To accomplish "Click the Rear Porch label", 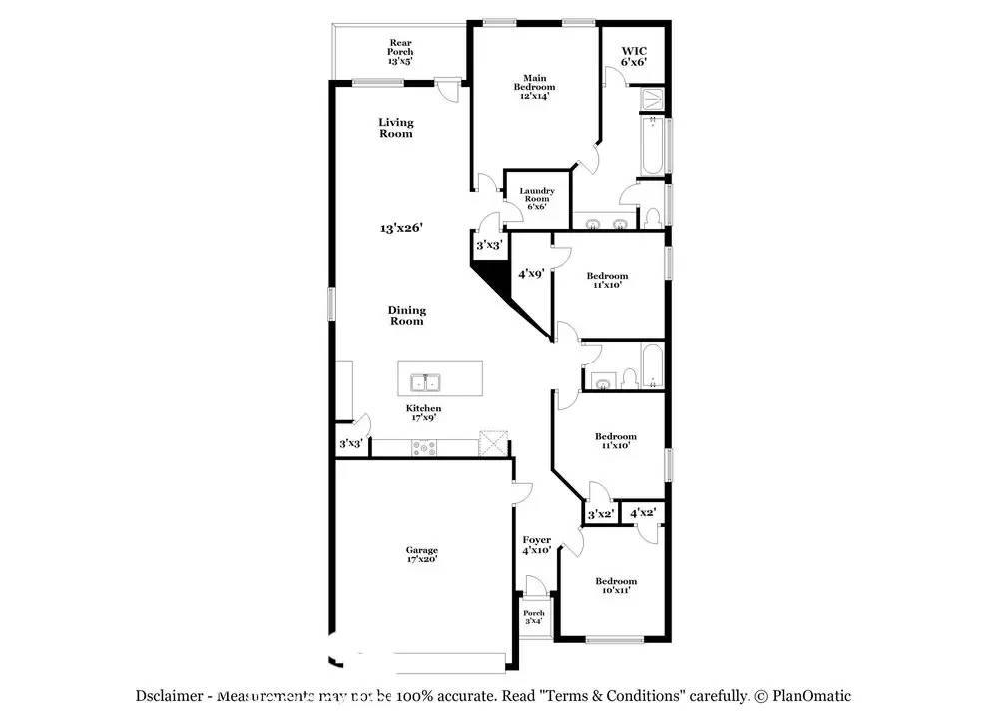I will pyautogui.click(x=400, y=51).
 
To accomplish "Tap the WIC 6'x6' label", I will pyautogui.click(x=634, y=55).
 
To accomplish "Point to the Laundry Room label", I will pyautogui.click(x=536, y=198).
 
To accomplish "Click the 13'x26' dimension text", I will pyautogui.click(x=402, y=228).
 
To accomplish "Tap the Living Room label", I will pyautogui.click(x=396, y=128).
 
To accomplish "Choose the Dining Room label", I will pyautogui.click(x=406, y=315).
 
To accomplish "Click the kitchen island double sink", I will pyautogui.click(x=426, y=381).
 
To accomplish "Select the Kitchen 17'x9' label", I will pyautogui.click(x=423, y=413).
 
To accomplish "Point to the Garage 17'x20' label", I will pyautogui.click(x=421, y=554).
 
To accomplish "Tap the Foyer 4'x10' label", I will pyautogui.click(x=537, y=545).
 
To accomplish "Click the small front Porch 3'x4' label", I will pyautogui.click(x=534, y=617).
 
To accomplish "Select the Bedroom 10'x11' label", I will pyautogui.click(x=616, y=586).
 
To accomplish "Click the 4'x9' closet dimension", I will pyautogui.click(x=530, y=273).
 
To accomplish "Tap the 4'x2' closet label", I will pyautogui.click(x=642, y=513).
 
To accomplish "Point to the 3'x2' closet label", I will pyautogui.click(x=600, y=514).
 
